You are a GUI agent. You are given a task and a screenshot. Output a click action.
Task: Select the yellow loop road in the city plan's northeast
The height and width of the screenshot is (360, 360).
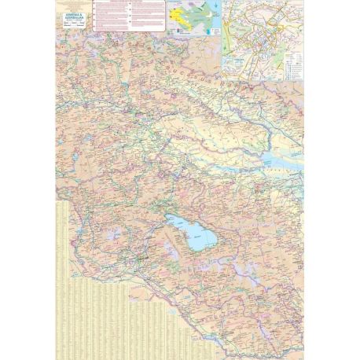(283, 24)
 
